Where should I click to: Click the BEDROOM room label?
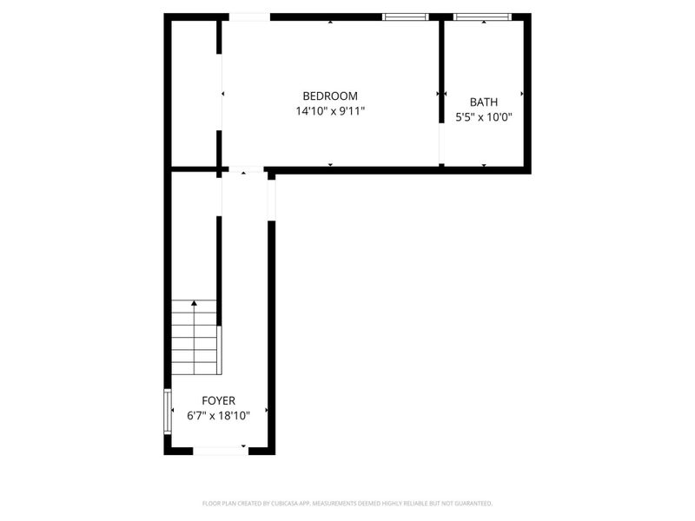[329, 96]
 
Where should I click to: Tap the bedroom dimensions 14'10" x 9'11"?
[329, 111]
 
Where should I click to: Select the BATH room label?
[484, 102]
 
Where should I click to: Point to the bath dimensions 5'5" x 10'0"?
[484, 117]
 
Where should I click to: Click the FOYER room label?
[218, 400]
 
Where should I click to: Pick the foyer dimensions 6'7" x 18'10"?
[218, 416]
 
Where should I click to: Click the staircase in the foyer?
[194, 339]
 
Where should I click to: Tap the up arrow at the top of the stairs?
[193, 303]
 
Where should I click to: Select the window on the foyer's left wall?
[168, 411]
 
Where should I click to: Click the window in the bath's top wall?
[482, 16]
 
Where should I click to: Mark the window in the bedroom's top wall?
[406, 16]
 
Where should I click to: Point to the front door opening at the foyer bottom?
[219, 450]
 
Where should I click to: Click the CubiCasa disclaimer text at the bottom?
[347, 503]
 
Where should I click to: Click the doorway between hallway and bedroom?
[246, 169]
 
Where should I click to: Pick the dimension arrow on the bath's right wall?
[522, 94]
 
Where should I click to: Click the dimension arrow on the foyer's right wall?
[266, 410]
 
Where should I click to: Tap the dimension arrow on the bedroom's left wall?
[223, 94]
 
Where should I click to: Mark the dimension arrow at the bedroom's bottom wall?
[330, 164]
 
